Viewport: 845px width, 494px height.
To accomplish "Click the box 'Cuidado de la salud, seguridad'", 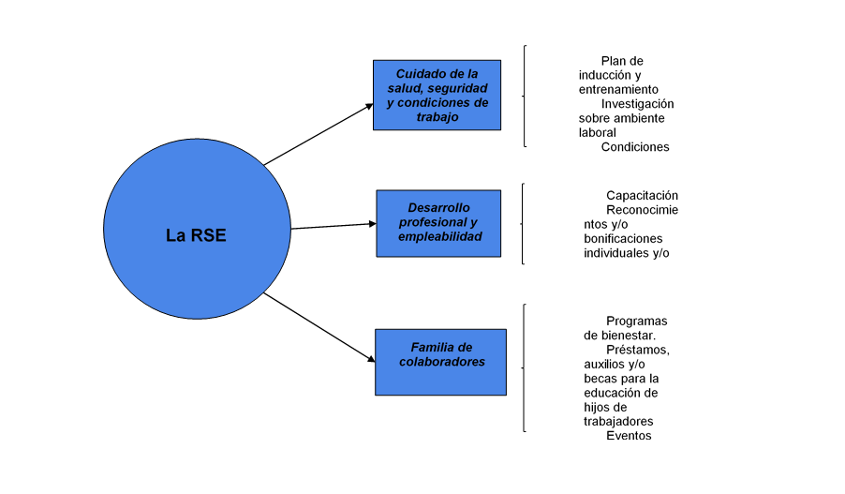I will tap(437, 95).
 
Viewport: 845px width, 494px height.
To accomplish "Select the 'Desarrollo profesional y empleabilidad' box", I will tap(438, 223).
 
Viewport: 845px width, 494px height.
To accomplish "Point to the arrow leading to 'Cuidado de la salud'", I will tap(319, 134).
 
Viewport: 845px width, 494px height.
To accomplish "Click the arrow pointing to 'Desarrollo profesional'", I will tap(333, 226).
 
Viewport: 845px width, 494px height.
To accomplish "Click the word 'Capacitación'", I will tap(642, 196).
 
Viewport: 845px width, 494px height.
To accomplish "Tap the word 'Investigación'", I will tap(637, 104).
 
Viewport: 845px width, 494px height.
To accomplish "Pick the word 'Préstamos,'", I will tap(637, 350).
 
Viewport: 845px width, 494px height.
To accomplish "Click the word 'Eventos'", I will tap(629, 436).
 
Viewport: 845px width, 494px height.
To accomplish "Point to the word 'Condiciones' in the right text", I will tap(635, 147).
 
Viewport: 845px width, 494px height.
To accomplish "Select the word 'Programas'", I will tap(636, 321).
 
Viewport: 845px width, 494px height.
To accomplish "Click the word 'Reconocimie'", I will tap(642, 210).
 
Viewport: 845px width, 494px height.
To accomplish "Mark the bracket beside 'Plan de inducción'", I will tap(524, 96).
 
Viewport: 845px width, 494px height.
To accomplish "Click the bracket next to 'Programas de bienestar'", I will tap(524, 367).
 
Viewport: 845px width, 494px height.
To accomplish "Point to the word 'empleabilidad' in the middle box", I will tap(440, 237).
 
